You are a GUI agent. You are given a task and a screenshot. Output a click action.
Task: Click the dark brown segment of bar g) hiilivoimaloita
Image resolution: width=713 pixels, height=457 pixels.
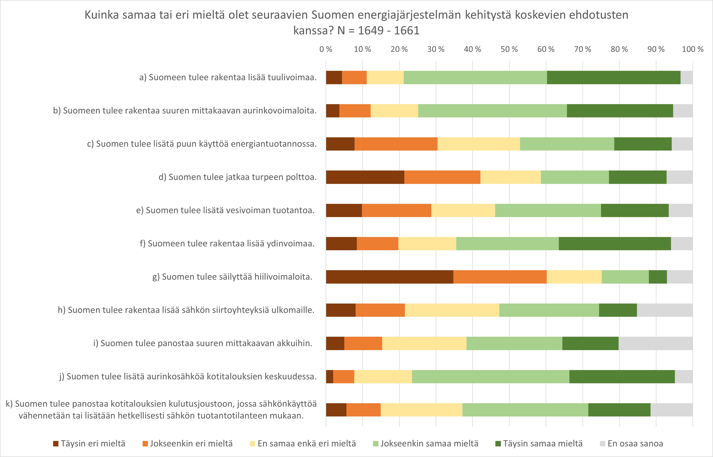390,277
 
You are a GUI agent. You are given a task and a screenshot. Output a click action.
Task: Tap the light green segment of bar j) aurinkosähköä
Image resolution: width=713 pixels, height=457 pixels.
490,377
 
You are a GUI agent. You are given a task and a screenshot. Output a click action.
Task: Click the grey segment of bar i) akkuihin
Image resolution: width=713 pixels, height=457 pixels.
655,343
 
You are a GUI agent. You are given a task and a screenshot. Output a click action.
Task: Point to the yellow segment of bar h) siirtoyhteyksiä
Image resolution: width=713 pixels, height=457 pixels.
452,310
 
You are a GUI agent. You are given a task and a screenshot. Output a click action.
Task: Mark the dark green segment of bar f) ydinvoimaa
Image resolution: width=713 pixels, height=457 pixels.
615,244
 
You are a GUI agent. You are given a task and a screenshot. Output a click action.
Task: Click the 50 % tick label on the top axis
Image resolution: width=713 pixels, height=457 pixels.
509,49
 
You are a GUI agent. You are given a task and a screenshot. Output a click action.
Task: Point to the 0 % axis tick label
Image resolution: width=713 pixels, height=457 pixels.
326,49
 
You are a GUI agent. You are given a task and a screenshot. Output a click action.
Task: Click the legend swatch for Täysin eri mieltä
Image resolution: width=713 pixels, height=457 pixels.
56,444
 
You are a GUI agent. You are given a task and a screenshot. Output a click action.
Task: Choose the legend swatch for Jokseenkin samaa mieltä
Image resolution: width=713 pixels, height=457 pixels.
376,444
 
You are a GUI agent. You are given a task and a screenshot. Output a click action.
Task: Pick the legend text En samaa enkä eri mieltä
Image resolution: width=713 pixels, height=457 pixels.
306,444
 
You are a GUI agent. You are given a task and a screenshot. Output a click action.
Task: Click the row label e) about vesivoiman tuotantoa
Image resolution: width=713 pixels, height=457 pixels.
225,210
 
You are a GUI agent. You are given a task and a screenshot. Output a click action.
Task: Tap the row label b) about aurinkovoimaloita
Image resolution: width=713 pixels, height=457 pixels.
185,111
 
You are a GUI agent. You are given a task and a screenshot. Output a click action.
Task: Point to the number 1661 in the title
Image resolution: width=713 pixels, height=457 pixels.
406,31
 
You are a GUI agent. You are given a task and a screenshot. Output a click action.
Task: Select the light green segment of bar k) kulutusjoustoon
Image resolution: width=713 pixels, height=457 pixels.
525,410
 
